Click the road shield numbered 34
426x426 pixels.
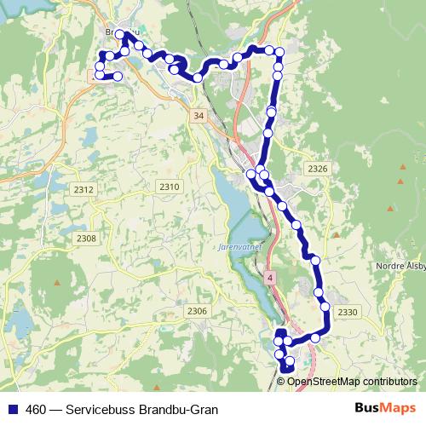[199, 114]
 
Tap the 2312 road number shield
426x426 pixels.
[83, 188]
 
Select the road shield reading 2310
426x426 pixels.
[170, 187]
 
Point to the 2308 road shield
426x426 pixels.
[86, 238]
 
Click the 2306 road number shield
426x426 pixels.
[196, 311]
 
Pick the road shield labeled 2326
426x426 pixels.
[317, 169]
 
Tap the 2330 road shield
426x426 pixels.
[347, 314]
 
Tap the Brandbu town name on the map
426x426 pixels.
[118, 32]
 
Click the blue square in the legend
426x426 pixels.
[12, 410]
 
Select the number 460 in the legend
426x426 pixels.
[37, 410]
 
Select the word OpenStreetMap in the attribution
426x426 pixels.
[325, 382]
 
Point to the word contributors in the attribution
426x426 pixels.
[389, 382]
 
